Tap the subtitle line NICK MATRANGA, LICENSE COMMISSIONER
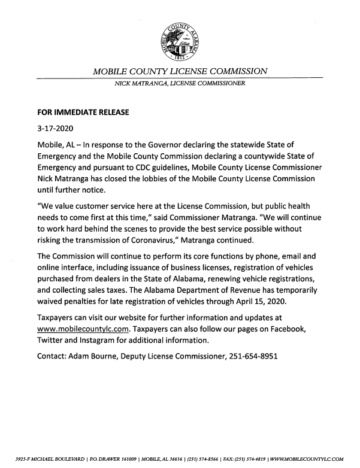pos(180,84)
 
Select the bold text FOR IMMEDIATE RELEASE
pos(80,111)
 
